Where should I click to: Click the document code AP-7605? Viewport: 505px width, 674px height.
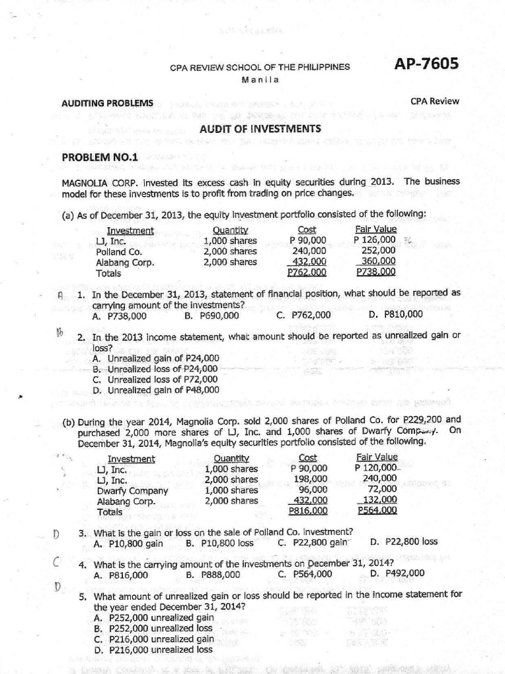pos(426,64)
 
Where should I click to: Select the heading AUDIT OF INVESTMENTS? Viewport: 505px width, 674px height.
pos(260,129)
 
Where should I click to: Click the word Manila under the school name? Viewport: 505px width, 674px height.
pos(260,80)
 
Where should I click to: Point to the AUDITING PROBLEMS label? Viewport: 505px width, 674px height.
pos(107,103)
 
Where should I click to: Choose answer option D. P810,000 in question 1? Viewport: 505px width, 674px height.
pos(396,315)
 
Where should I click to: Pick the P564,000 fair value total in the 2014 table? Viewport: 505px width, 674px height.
pos(377,511)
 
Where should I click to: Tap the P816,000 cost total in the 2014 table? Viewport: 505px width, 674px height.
pos(308,511)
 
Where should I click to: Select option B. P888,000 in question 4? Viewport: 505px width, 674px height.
pos(213,575)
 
